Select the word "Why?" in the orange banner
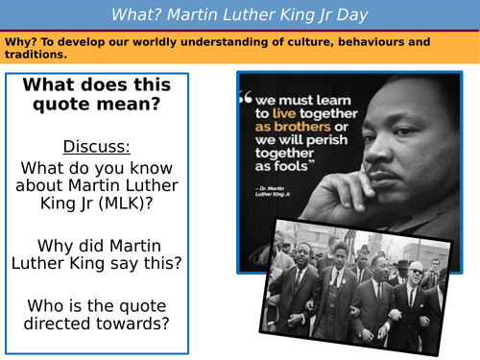pyautogui.click(x=21, y=42)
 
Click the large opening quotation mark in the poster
pyautogui.click(x=247, y=97)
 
